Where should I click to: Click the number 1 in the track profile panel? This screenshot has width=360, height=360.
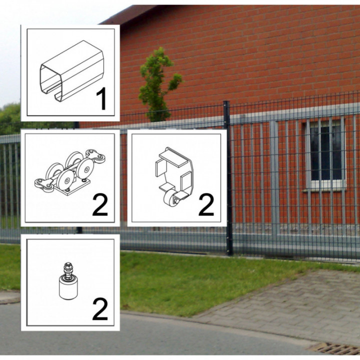[x=101, y=98]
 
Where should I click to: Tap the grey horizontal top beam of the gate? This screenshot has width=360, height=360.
[x=295, y=113]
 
